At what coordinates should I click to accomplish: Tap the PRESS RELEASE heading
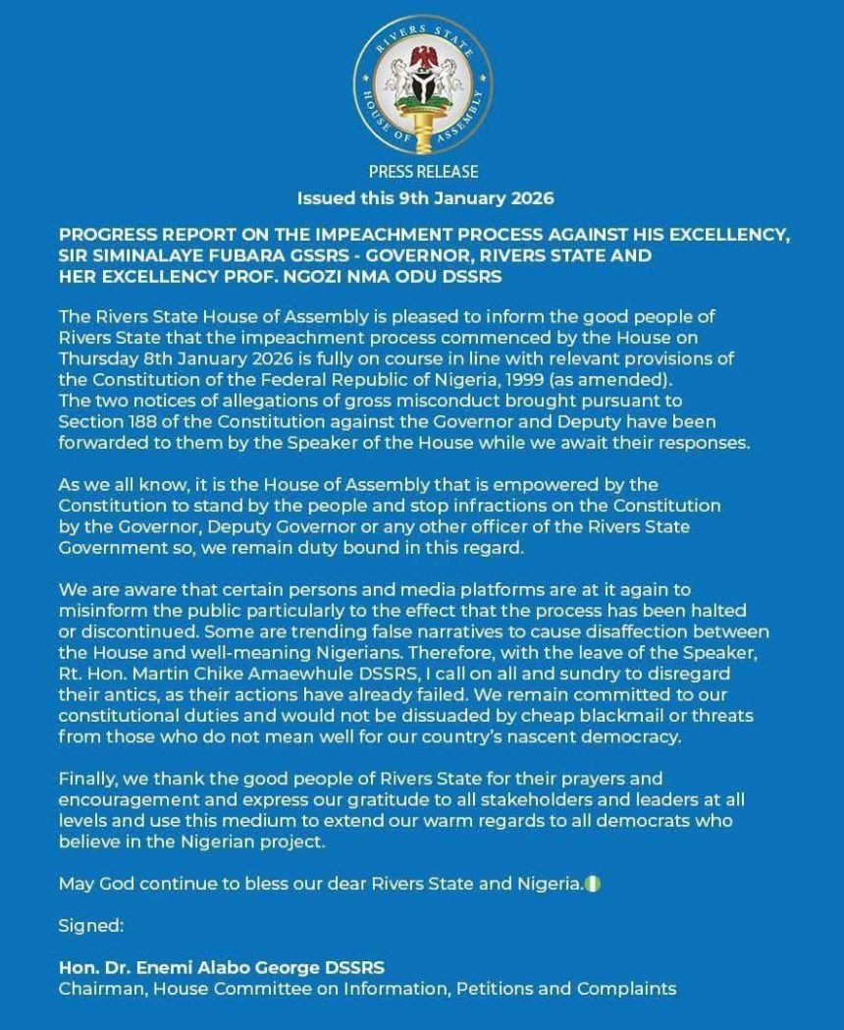424,172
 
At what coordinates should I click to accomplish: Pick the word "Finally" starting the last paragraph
86,780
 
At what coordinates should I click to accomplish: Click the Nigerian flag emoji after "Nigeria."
594,884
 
